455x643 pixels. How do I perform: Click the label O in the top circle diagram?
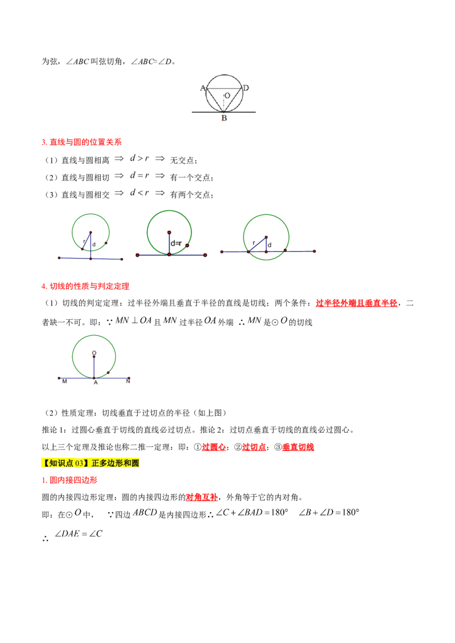point(227,95)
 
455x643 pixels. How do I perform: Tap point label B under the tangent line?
point(224,118)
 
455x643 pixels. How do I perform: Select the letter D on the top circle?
point(246,87)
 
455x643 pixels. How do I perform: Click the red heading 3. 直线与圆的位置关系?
point(82,143)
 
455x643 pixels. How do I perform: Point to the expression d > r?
point(139,158)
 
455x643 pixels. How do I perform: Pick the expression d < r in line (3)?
point(139,193)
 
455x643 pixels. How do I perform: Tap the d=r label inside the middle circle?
point(176,243)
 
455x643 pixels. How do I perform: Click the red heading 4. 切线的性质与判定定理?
point(85,286)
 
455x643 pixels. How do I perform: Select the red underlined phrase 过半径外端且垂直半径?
point(357,303)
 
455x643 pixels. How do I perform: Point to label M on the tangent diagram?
point(64,381)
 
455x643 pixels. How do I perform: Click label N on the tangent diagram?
point(128,381)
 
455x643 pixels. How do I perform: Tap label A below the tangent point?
point(96,383)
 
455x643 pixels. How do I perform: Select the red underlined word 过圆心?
point(214,447)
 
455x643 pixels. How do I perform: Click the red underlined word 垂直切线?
point(298,447)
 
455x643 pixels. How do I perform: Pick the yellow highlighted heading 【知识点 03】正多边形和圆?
point(90,463)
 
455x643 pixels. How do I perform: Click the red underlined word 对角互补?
point(202,497)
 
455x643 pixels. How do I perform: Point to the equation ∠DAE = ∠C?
point(78,533)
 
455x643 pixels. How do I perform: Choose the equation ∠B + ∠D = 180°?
point(329,512)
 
